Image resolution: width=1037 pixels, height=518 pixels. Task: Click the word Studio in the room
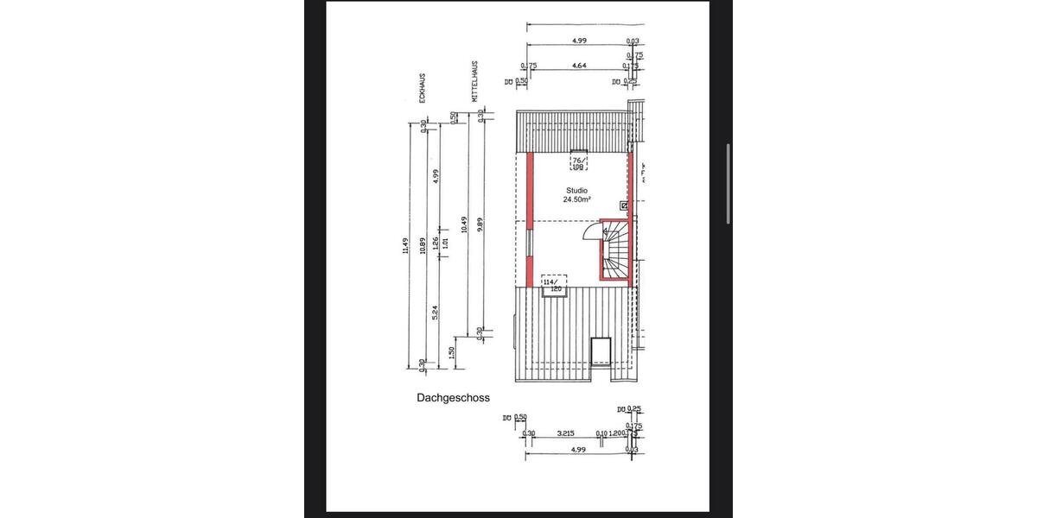tap(576, 190)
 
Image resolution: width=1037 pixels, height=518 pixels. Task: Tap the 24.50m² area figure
tap(576, 199)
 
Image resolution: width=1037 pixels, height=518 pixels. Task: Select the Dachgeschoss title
tap(453, 398)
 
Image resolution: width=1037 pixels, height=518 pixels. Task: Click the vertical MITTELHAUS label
tap(475, 83)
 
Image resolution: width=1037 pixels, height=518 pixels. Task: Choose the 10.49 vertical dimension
tap(465, 225)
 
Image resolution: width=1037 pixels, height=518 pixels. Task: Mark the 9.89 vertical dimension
tap(480, 225)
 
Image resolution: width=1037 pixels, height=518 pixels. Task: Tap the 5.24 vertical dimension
tap(436, 313)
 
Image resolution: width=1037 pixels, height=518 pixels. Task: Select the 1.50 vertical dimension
tap(452, 352)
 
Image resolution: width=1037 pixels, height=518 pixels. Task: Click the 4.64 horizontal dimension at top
tap(579, 66)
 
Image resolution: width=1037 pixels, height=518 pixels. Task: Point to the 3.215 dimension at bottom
tap(566, 433)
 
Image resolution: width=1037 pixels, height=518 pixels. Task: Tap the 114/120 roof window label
tap(550, 284)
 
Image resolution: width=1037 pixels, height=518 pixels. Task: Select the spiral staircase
tap(614, 250)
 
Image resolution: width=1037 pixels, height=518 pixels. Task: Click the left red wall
tap(529, 220)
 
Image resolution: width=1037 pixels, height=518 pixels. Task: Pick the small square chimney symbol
tap(624, 205)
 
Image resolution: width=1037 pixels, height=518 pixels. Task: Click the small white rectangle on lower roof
tap(601, 351)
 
